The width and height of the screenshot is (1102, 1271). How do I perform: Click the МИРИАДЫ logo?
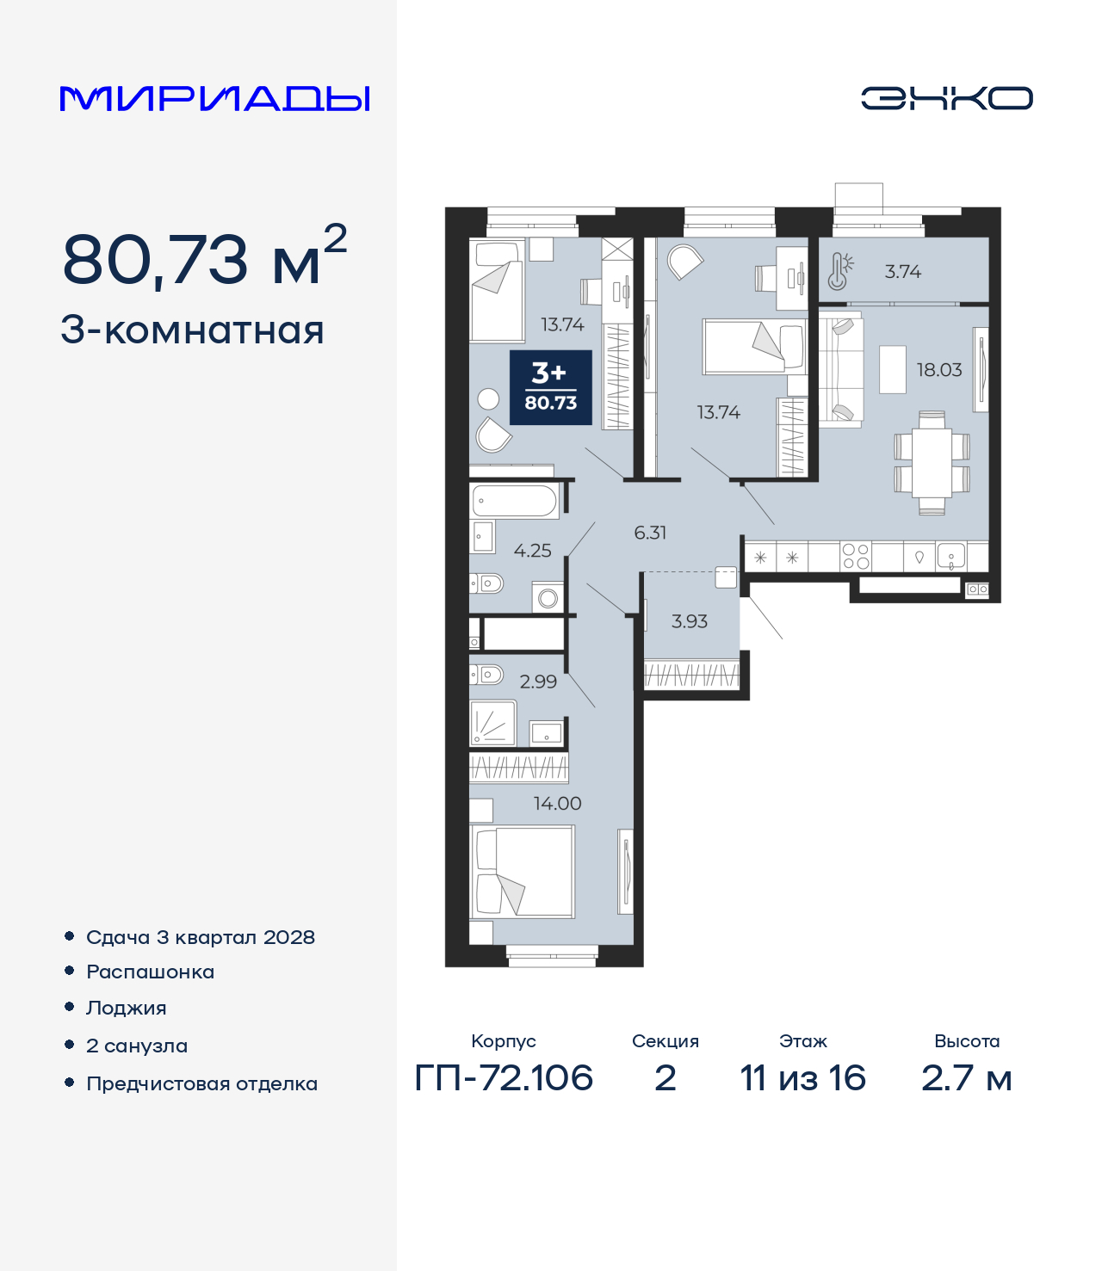(214, 99)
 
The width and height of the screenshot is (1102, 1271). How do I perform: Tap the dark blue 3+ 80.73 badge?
(551, 387)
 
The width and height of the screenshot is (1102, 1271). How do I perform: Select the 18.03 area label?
(939, 370)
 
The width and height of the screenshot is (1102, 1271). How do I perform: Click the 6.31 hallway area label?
(650, 533)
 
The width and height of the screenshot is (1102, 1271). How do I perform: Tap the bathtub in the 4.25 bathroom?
(515, 501)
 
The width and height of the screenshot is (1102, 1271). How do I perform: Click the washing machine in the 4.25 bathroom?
(548, 597)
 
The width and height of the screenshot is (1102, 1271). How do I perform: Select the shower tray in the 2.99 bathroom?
(492, 723)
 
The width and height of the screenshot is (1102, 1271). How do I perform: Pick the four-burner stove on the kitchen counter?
(856, 557)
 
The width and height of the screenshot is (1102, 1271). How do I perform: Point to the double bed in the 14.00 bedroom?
(523, 872)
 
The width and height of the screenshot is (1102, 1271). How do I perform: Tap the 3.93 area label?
(689, 621)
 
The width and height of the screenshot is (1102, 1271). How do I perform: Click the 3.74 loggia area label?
(902, 272)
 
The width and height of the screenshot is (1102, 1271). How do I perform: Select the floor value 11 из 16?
(803, 1078)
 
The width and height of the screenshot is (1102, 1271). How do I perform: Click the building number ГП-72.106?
(504, 1078)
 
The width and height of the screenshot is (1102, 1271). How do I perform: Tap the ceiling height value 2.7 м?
(967, 1078)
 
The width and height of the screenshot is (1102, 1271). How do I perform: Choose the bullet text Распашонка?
(150, 972)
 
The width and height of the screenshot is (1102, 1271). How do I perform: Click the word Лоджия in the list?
(127, 1009)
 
